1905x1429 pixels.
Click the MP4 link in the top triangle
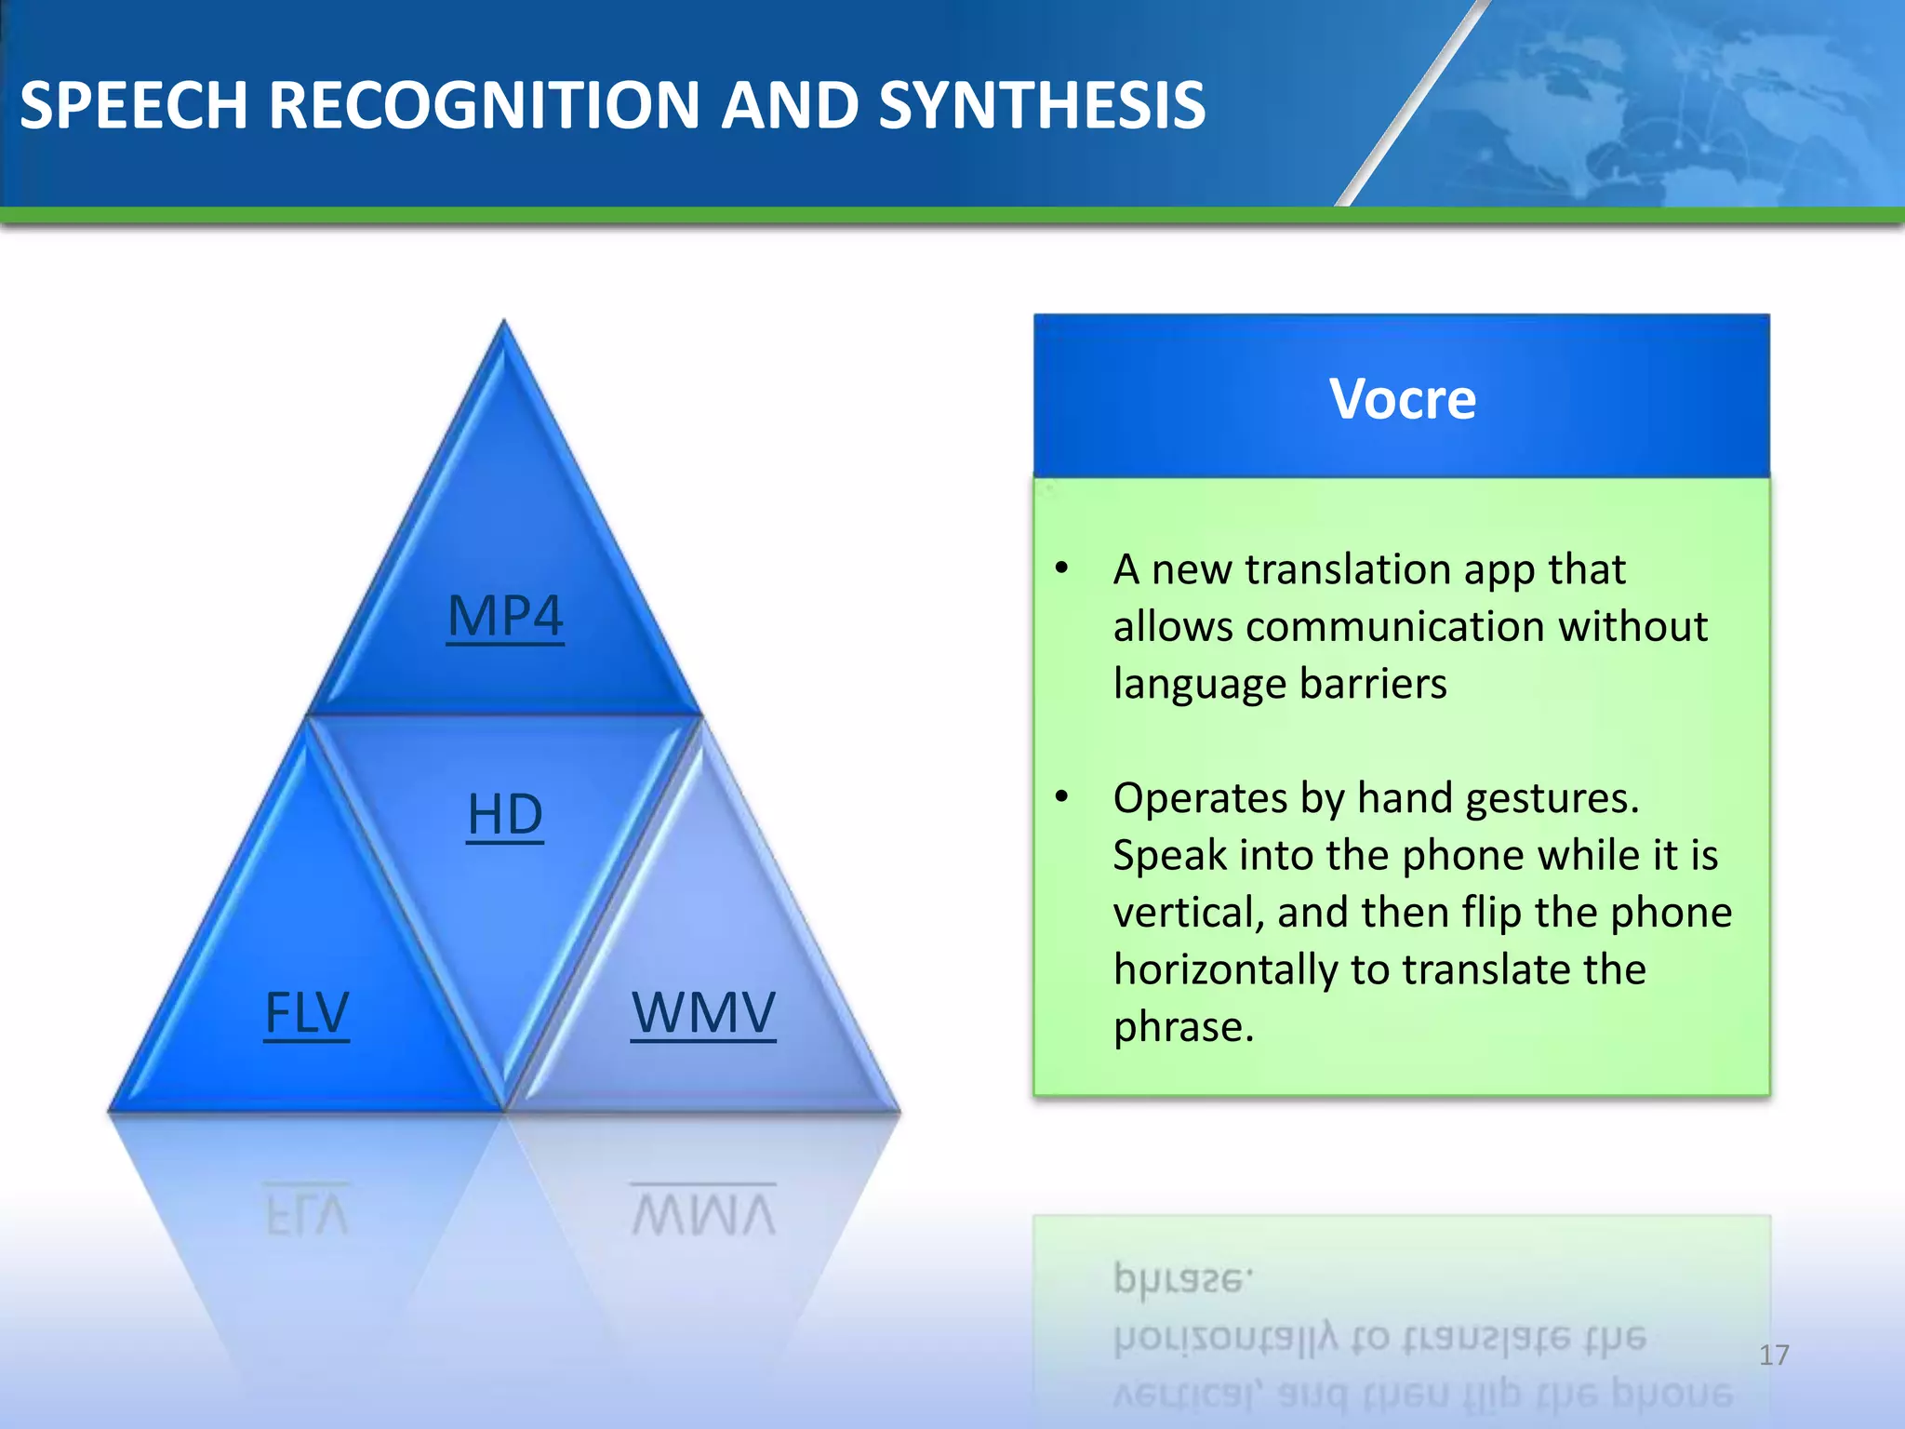click(505, 616)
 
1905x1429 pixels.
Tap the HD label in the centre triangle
click(505, 815)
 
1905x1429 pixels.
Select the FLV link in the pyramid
click(307, 1013)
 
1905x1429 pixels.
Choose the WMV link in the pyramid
click(703, 1013)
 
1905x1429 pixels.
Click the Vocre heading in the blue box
click(1402, 399)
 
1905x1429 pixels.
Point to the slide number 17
click(1774, 1355)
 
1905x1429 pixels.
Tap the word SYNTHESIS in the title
click(1042, 105)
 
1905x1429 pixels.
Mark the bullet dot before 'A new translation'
click(1062, 568)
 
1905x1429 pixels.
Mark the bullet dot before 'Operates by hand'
click(1062, 796)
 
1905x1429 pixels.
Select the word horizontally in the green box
click(1228, 970)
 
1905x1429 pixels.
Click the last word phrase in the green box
click(1183, 1028)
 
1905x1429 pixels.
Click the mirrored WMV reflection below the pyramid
click(703, 1211)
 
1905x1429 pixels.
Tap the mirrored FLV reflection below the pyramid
click(307, 1211)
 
